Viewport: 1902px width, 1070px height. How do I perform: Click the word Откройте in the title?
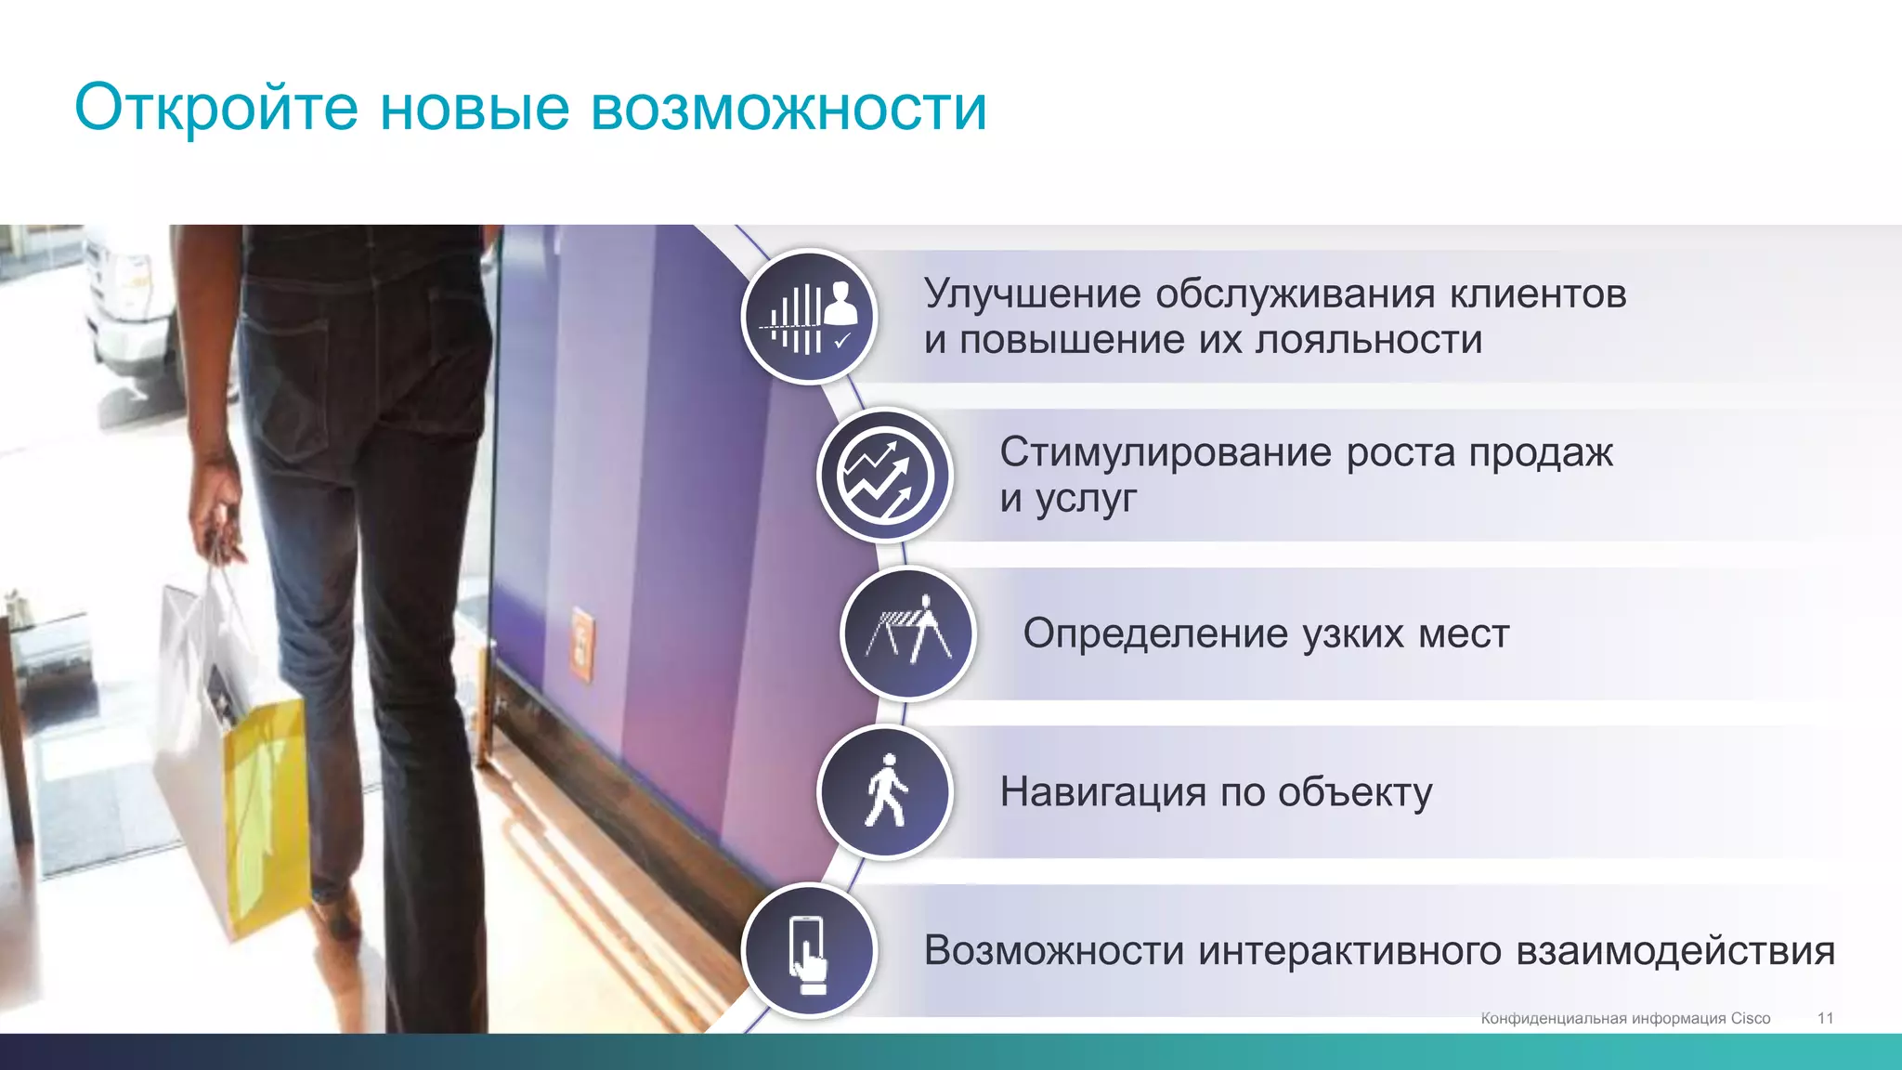pos(215,108)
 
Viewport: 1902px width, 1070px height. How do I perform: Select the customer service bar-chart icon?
pos(810,317)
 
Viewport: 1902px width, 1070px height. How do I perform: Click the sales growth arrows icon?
pos(885,476)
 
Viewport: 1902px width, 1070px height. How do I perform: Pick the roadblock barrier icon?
pos(908,633)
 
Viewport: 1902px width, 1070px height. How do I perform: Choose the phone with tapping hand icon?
pos(810,950)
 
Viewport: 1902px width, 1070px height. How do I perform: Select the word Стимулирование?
pos(1166,453)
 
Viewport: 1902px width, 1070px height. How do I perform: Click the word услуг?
pos(1086,500)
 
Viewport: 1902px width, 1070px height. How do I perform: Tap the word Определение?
pos(1155,634)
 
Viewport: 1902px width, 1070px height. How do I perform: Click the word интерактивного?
pos(1349,951)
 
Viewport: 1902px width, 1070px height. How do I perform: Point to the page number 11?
pos(1825,1018)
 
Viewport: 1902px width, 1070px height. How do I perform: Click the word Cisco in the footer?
pos(1751,1018)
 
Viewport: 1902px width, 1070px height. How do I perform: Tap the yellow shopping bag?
pos(265,808)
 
